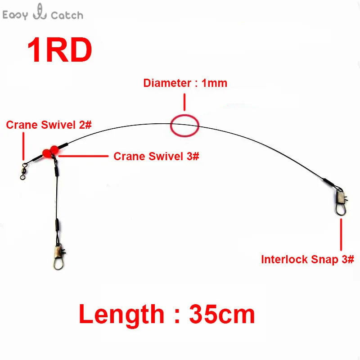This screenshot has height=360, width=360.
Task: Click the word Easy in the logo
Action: pos(15,15)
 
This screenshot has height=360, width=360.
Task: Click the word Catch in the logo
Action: pos(67,15)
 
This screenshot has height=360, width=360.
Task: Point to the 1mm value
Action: pos(215,83)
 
